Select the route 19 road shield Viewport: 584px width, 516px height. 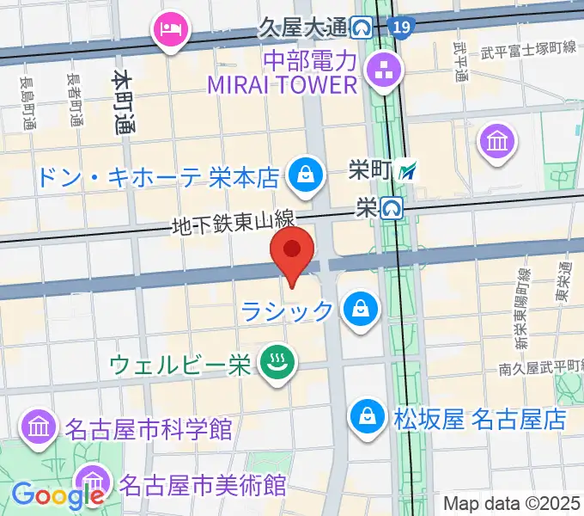(400, 29)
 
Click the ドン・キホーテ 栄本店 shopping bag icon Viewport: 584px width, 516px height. (304, 175)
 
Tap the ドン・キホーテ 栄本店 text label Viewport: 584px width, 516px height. (158, 178)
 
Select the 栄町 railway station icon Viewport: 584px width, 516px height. (411, 170)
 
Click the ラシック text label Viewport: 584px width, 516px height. (287, 310)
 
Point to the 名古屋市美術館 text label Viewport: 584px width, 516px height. (203, 483)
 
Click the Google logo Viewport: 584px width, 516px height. (58, 494)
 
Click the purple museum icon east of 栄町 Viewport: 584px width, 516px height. (498, 138)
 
